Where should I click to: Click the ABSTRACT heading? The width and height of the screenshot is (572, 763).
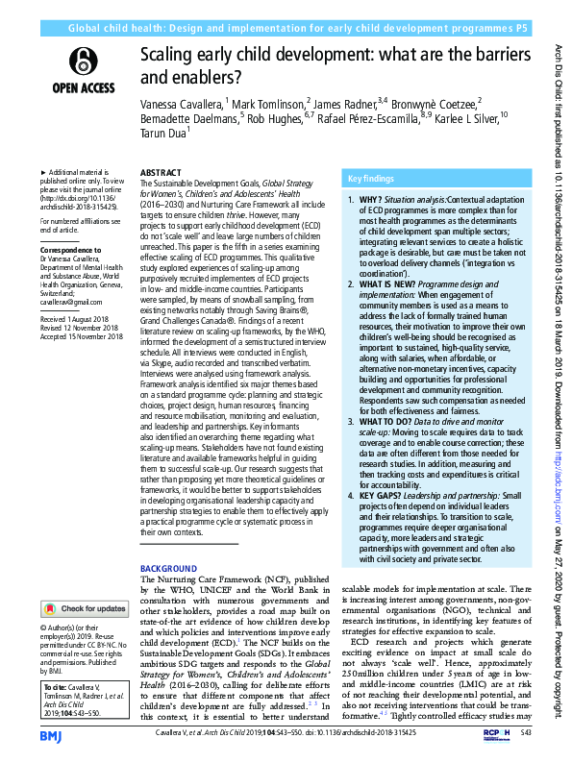coord(160,173)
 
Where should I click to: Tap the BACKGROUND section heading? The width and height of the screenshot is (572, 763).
coord(168,570)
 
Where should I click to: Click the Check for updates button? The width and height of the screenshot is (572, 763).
coord(85,608)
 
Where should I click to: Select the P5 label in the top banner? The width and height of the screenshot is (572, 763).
coord(520,30)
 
